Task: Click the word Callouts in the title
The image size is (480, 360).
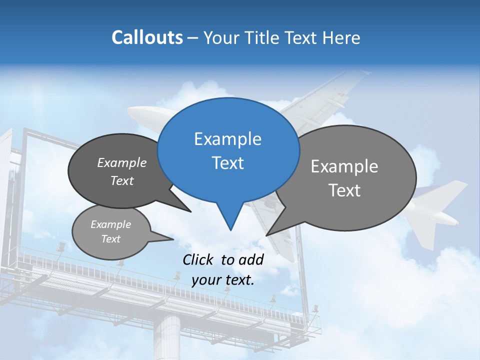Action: tap(147, 37)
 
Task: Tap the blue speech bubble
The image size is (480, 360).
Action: tap(228, 150)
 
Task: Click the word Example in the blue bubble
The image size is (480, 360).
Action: tap(227, 139)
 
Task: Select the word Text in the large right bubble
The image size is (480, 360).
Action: tap(344, 190)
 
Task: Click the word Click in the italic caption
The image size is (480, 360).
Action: tap(198, 259)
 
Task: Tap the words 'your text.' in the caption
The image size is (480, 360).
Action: tap(223, 280)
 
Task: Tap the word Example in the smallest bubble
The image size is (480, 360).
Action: tap(110, 224)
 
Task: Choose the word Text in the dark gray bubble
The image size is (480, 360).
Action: tap(122, 181)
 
